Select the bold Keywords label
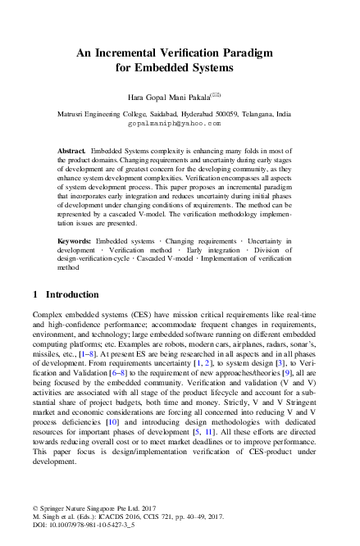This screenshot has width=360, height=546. tap(74, 239)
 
